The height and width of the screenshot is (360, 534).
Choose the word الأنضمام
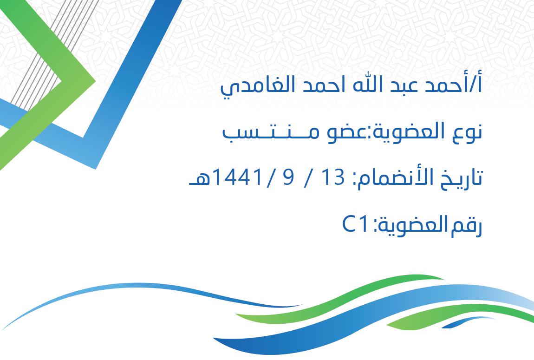click(395, 178)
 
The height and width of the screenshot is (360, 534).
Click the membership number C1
click(355, 224)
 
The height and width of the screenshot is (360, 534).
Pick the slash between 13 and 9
click(308, 178)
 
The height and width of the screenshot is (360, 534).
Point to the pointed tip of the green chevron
click(95, 81)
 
